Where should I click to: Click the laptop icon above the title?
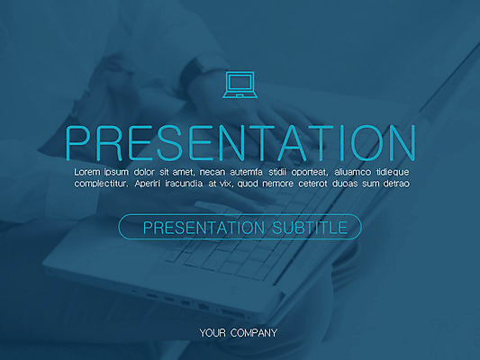point(240,85)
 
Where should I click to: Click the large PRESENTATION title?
point(240,143)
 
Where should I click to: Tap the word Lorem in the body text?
point(87,172)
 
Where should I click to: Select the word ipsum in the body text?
point(116,173)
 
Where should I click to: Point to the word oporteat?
point(310,173)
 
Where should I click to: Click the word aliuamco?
point(353,172)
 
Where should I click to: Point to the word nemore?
point(278,184)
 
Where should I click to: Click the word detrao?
point(396,184)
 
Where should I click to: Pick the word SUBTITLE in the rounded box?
point(310,228)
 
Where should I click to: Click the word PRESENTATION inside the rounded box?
point(204,228)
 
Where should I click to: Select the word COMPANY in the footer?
point(254,333)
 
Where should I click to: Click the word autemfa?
point(246,172)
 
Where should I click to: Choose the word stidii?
point(277,172)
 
